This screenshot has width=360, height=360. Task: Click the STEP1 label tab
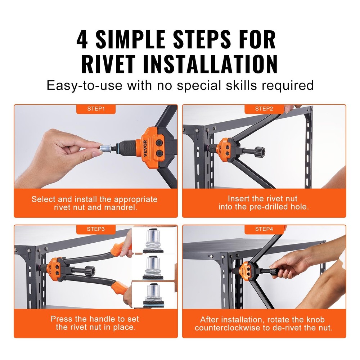coord(96,108)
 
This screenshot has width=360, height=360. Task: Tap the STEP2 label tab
coord(264,108)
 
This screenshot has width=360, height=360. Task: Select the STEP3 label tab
coord(96,229)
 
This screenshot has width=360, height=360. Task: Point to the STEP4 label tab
coord(264,229)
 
